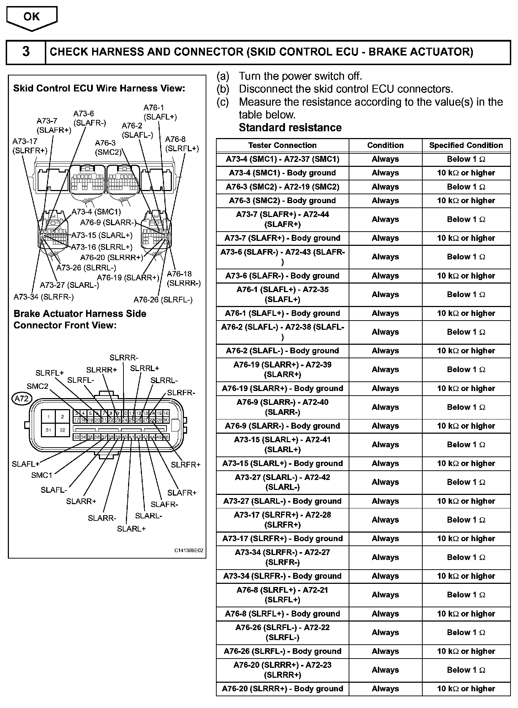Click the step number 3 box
pyautogui.click(x=26, y=52)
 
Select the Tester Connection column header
pyautogui.click(x=282, y=145)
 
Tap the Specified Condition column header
pyautogui.click(x=466, y=145)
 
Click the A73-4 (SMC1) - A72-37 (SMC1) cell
pyautogui.click(x=282, y=159)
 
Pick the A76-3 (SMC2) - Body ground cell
pyautogui.click(x=282, y=201)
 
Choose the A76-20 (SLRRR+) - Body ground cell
pyautogui.click(x=282, y=689)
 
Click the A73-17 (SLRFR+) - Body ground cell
pyautogui.click(x=282, y=539)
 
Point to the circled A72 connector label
pyautogui.click(x=22, y=399)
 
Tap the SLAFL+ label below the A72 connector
pyautogui.click(x=25, y=464)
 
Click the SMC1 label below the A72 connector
pyautogui.click(x=42, y=475)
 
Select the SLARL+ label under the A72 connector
pyautogui.click(x=131, y=529)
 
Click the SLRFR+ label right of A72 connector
pyautogui.click(x=186, y=465)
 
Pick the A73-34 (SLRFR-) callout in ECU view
pyautogui.click(x=43, y=297)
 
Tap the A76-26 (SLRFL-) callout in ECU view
pyautogui.click(x=163, y=300)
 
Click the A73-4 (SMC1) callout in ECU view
pyautogui.click(x=96, y=212)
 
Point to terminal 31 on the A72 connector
pyautogui.click(x=48, y=430)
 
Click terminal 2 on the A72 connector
pyautogui.click(x=63, y=417)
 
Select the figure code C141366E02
pyautogui.click(x=189, y=550)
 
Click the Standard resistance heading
pyautogui.click(x=290, y=127)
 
